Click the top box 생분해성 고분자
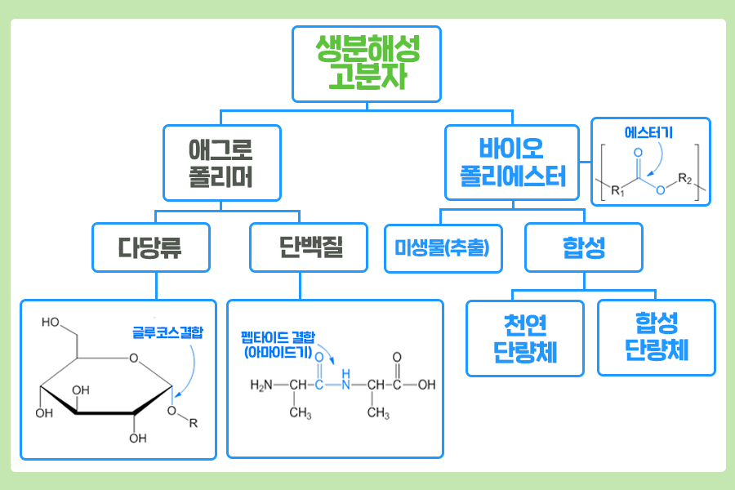pos(367,64)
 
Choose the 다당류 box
pos(150,247)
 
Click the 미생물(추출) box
pos(443,247)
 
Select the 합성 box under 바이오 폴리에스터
pos(584,247)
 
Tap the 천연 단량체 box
pos(525,338)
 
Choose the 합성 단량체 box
pos(656,337)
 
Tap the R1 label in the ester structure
pos(617,192)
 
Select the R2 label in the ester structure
pos(685,179)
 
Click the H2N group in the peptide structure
pos(261,385)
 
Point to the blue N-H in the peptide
pos(346,382)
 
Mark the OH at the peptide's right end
pos(426,385)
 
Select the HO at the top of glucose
pos(50,323)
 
